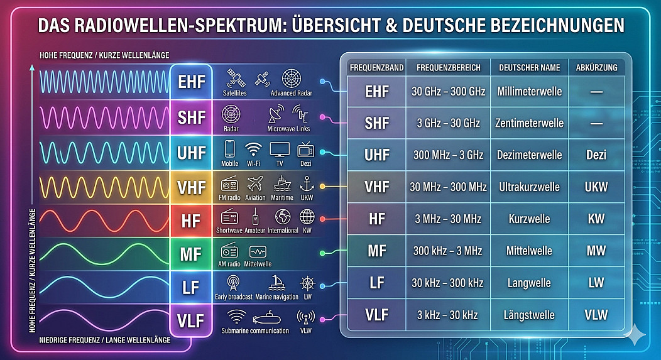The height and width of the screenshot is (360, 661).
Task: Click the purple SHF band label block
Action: [x=191, y=117]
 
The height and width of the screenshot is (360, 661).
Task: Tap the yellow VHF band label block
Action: [x=191, y=188]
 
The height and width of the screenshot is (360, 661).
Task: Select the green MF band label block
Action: [x=191, y=254]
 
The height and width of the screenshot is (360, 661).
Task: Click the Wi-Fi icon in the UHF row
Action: [x=253, y=150]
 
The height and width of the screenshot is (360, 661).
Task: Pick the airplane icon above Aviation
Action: [x=255, y=184]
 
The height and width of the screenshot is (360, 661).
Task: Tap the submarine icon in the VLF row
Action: [x=266, y=318]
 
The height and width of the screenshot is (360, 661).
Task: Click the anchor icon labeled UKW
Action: [x=307, y=184]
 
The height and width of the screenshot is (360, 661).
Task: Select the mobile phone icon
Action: [x=229, y=149]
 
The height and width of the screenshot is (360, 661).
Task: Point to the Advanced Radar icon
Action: [x=292, y=79]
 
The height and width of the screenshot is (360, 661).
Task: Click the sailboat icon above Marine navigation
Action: [x=276, y=283]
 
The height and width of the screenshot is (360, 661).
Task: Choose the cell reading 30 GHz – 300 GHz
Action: [x=448, y=92]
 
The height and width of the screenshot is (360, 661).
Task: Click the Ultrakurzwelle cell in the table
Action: [x=530, y=187]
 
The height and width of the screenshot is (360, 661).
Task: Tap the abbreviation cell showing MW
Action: [x=596, y=251]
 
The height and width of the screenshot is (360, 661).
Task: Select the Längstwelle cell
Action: [x=530, y=315]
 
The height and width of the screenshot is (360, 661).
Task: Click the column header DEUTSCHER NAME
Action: [x=530, y=67]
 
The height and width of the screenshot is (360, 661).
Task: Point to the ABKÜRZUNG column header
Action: [x=596, y=67]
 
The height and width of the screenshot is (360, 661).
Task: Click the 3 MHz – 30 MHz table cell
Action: [x=448, y=219]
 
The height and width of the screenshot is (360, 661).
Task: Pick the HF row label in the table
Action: [x=377, y=219]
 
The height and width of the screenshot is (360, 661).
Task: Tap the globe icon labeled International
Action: [x=283, y=217]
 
